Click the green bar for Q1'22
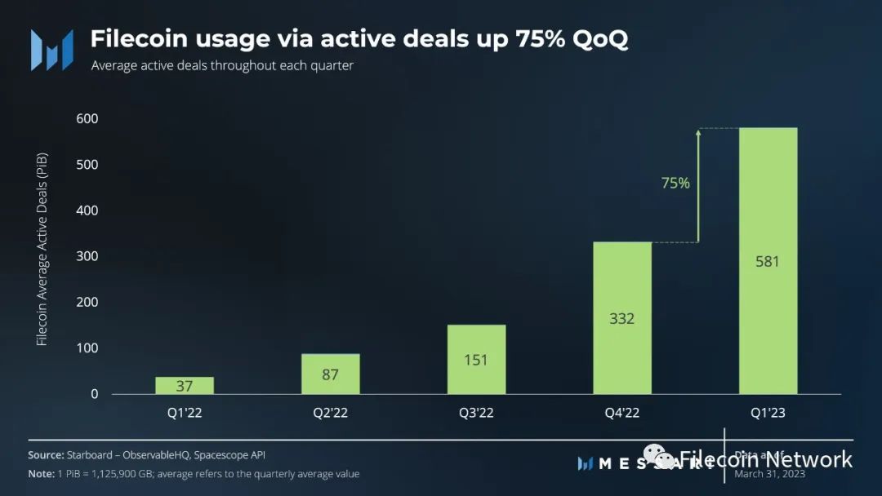click(185, 385)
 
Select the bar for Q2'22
click(330, 374)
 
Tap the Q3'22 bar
click(476, 359)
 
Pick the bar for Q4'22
click(622, 318)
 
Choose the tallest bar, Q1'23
click(768, 261)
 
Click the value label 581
click(768, 262)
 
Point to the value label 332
click(622, 318)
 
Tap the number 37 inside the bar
click(185, 386)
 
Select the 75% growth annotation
click(675, 184)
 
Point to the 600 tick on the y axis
click(87, 119)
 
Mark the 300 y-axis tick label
click(87, 256)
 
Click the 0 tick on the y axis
click(94, 394)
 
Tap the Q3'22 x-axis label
click(476, 413)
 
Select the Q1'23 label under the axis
click(768, 413)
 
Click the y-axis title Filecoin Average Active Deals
click(42, 248)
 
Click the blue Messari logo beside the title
click(51, 49)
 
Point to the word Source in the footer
click(46, 455)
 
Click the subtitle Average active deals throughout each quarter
click(222, 65)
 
